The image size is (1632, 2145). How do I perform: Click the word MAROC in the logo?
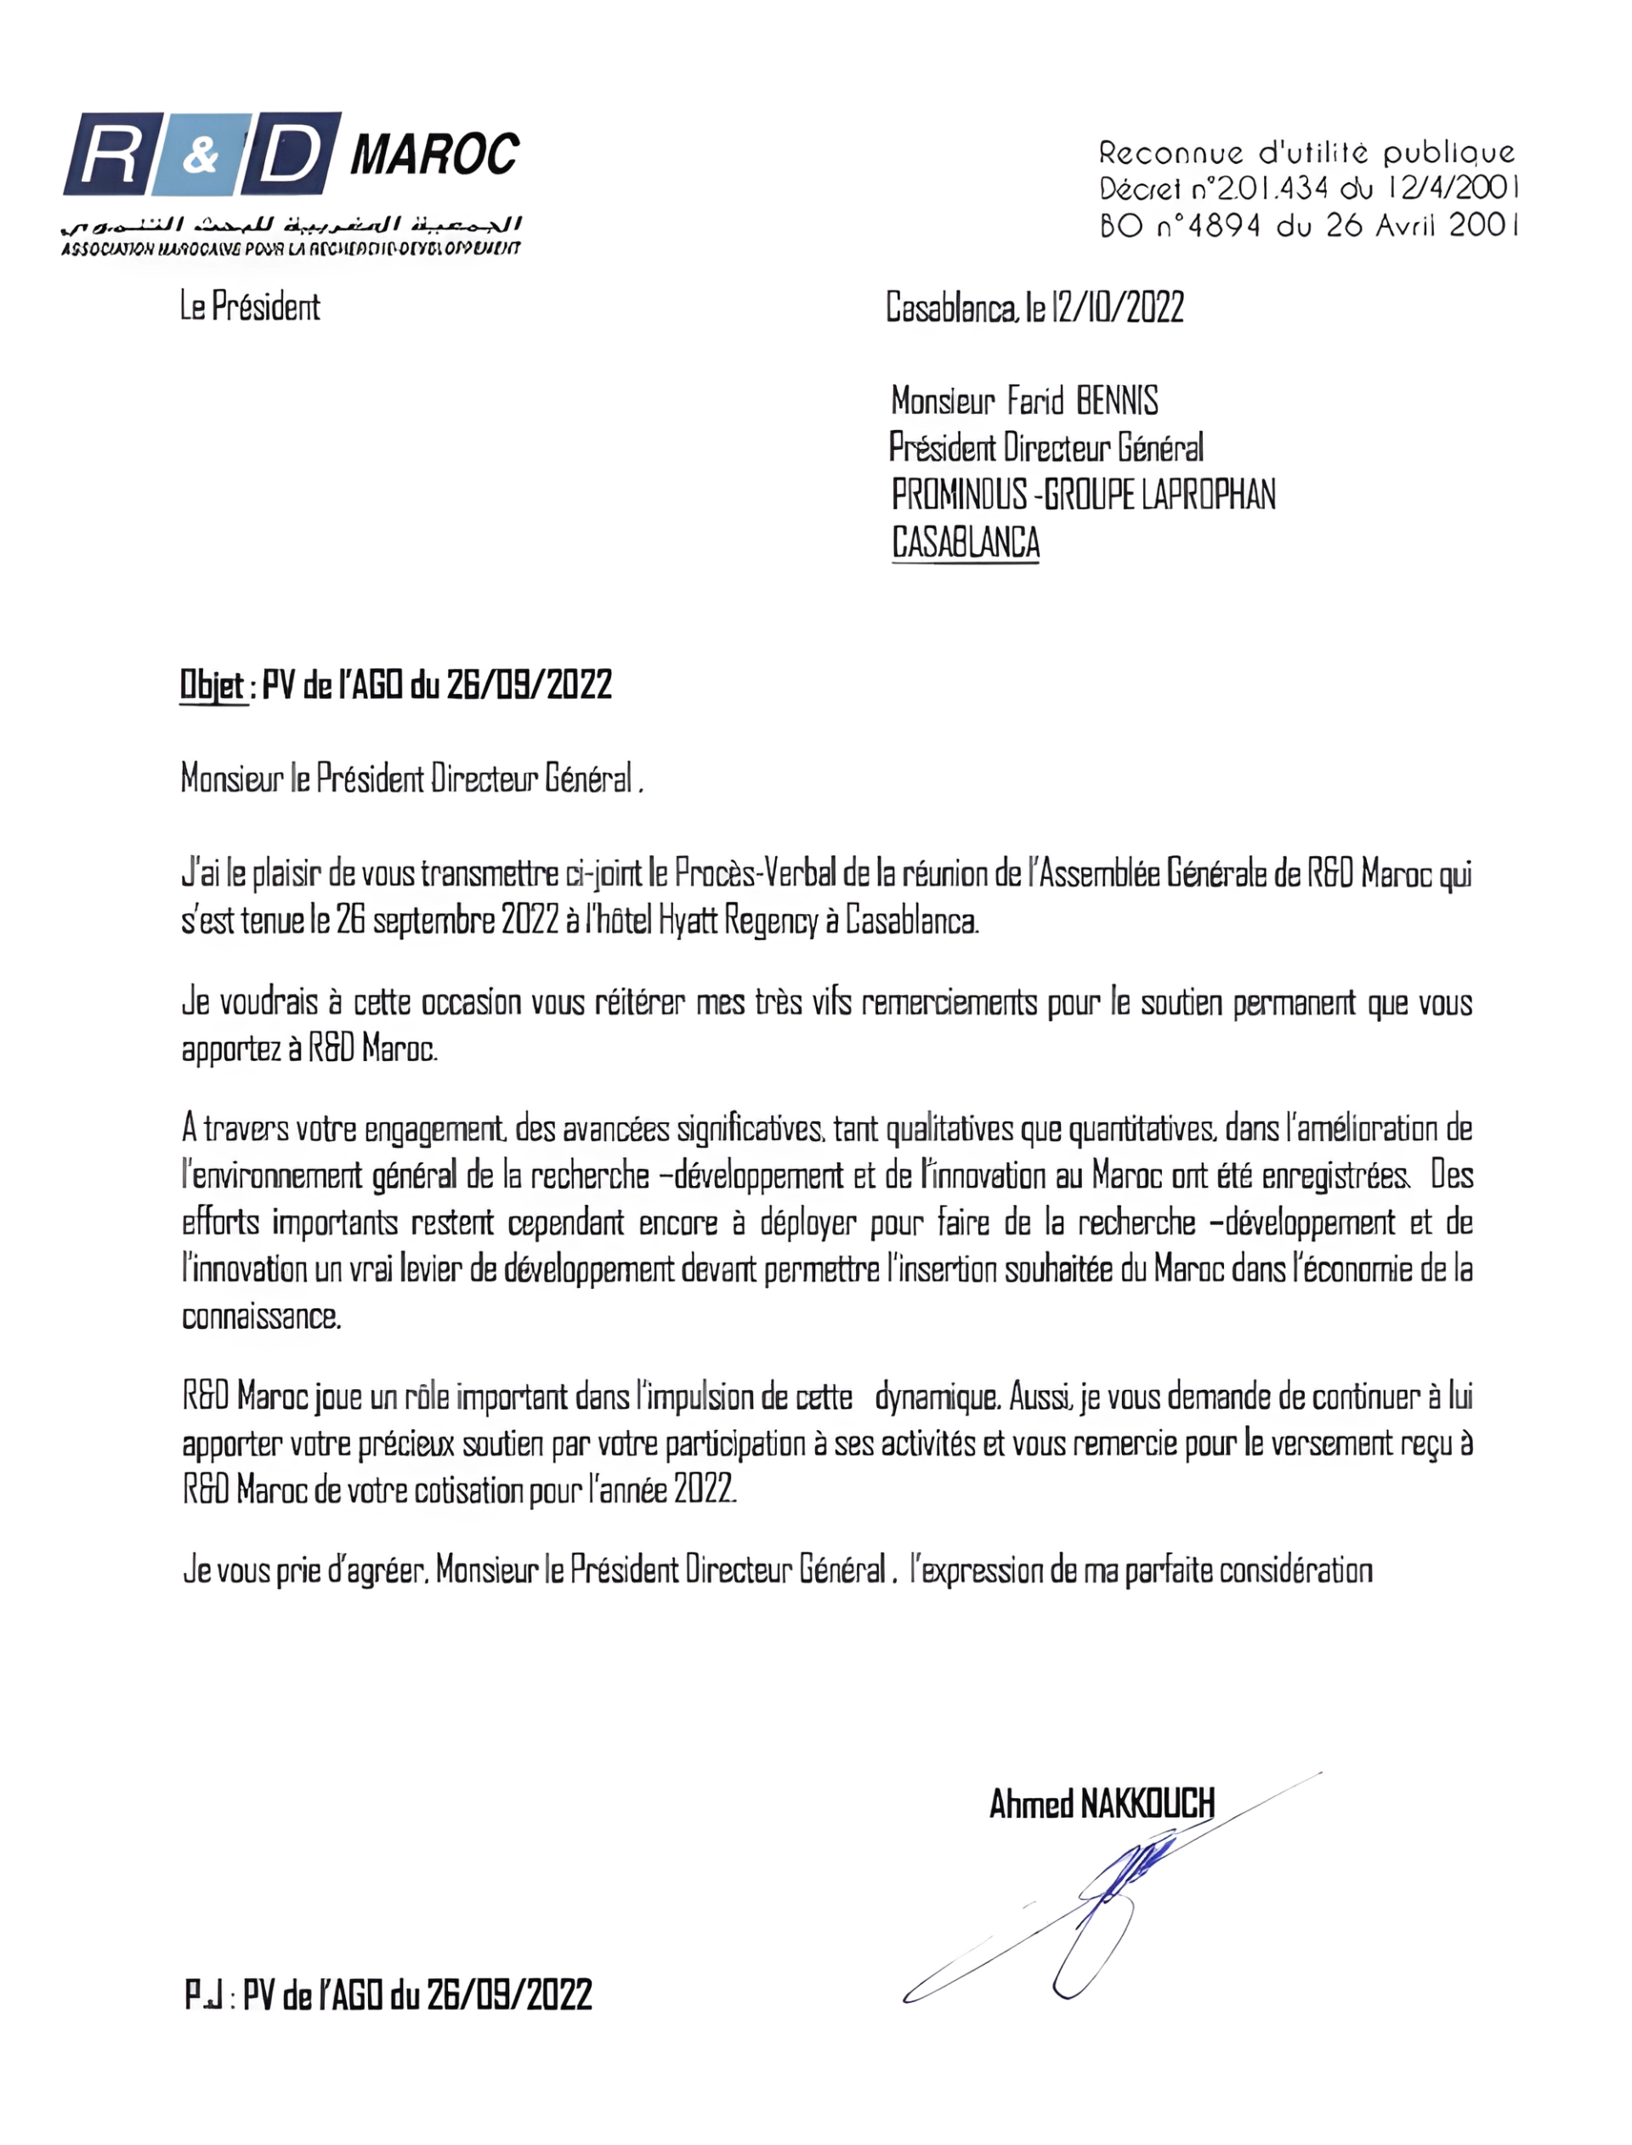pyautogui.click(x=434, y=155)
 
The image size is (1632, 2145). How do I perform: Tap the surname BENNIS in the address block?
pyautogui.click(x=1117, y=400)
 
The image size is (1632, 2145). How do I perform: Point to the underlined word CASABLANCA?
pyautogui.click(x=966, y=542)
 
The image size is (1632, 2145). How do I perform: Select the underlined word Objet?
pyautogui.click(x=212, y=685)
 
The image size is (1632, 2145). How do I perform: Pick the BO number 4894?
pyautogui.click(x=1224, y=225)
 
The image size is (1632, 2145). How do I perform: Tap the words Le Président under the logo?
pyautogui.click(x=250, y=307)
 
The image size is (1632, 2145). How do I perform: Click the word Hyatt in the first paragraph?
pyautogui.click(x=691, y=920)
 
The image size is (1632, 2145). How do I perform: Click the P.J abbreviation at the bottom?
pyautogui.click(x=206, y=1995)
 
